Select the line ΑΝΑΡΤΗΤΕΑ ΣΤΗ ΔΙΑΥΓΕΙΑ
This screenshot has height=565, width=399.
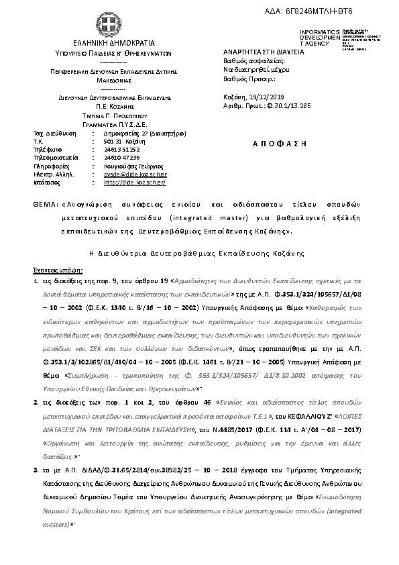tap(260, 52)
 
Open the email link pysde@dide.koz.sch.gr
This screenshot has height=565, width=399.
tap(131, 173)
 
